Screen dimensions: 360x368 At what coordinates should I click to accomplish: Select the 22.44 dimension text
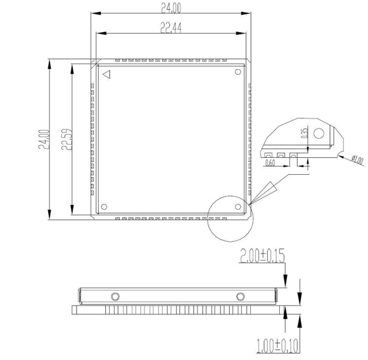170,28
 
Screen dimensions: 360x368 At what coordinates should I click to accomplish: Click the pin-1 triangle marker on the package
107,74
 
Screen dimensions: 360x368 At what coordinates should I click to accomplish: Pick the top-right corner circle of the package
238,72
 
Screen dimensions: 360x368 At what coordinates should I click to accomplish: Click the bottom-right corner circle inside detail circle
238,206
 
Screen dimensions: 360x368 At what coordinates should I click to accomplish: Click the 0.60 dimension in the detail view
270,163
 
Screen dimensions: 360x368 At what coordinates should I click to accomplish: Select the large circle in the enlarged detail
319,134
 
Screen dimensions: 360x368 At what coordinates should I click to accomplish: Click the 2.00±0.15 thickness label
262,255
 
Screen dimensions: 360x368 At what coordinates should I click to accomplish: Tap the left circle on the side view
115,296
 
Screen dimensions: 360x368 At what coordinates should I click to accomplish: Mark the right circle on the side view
240,296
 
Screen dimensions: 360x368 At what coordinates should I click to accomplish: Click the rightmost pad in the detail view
293,154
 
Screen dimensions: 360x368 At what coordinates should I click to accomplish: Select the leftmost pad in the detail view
269,154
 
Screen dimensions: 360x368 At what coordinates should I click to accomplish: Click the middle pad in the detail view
281,154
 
